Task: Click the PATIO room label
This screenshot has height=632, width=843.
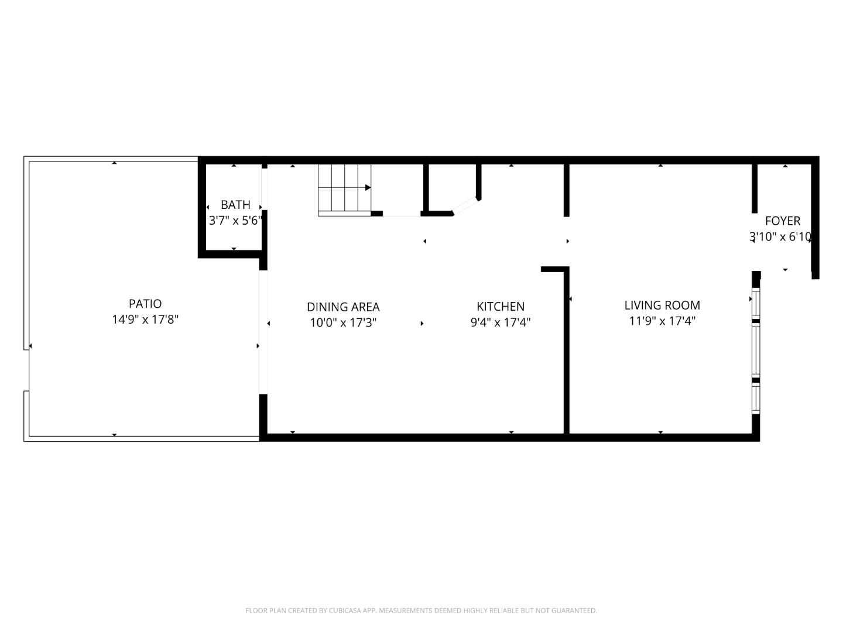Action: click(145, 304)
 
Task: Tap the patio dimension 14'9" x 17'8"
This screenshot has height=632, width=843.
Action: click(145, 320)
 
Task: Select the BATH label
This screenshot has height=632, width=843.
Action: click(235, 205)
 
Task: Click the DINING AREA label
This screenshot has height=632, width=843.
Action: click(343, 307)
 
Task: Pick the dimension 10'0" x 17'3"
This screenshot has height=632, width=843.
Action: click(343, 322)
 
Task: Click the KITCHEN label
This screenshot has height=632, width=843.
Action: click(501, 306)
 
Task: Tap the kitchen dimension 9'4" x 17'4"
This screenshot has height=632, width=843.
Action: click(501, 322)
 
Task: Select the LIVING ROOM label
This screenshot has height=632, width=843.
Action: click(662, 305)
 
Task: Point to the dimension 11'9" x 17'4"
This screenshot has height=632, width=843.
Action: click(662, 321)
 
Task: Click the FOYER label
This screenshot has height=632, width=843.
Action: click(783, 221)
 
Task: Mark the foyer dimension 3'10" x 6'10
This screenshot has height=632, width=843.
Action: click(780, 236)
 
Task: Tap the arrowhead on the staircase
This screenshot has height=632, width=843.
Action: click(368, 188)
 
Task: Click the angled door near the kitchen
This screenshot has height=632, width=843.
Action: click(467, 205)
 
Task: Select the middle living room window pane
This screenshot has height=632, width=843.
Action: click(756, 350)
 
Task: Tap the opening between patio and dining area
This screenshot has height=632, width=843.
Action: click(263, 332)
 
